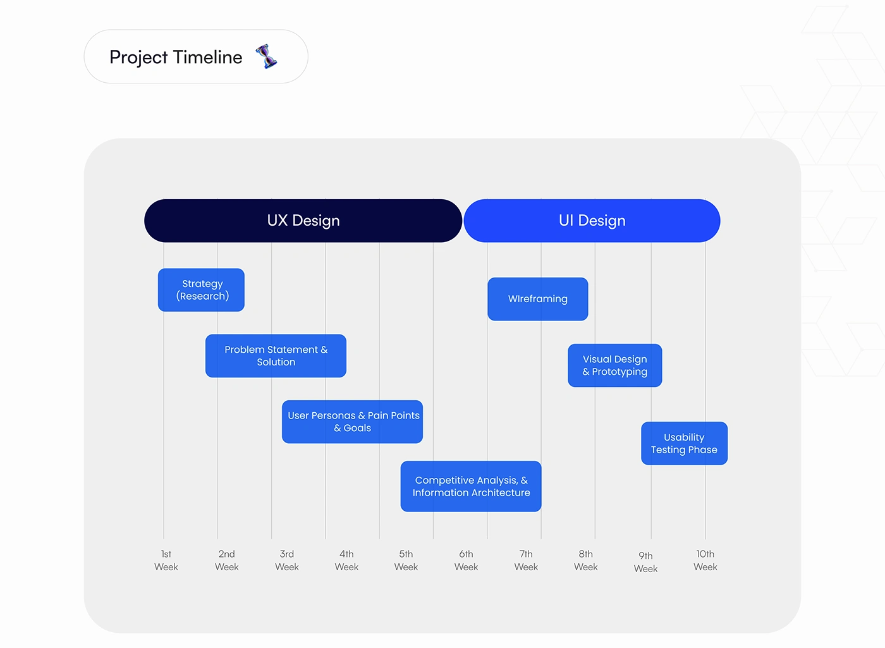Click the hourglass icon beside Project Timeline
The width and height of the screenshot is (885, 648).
(266, 56)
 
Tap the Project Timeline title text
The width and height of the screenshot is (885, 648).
(176, 58)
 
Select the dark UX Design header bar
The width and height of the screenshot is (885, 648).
(303, 221)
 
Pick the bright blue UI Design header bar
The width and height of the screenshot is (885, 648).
(592, 221)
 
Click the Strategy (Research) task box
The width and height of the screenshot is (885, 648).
(201, 290)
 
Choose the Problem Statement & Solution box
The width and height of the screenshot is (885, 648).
(276, 355)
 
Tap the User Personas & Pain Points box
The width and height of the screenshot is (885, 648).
(353, 422)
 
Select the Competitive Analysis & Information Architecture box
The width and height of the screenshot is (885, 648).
(471, 486)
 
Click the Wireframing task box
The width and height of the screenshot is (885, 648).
(538, 299)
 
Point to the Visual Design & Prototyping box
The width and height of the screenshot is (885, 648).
(614, 365)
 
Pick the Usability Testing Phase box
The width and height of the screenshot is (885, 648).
(684, 443)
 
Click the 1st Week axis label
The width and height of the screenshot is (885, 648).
(166, 560)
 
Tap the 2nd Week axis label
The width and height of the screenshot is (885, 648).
(227, 560)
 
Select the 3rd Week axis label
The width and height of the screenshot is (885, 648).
(287, 560)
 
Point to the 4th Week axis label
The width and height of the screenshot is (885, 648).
(346, 560)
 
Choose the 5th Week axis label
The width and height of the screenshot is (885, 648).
(406, 560)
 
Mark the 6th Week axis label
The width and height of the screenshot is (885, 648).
(467, 560)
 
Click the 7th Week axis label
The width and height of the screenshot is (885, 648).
(526, 560)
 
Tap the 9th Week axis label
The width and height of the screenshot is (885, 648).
(645, 562)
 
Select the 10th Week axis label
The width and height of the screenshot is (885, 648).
(705, 560)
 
